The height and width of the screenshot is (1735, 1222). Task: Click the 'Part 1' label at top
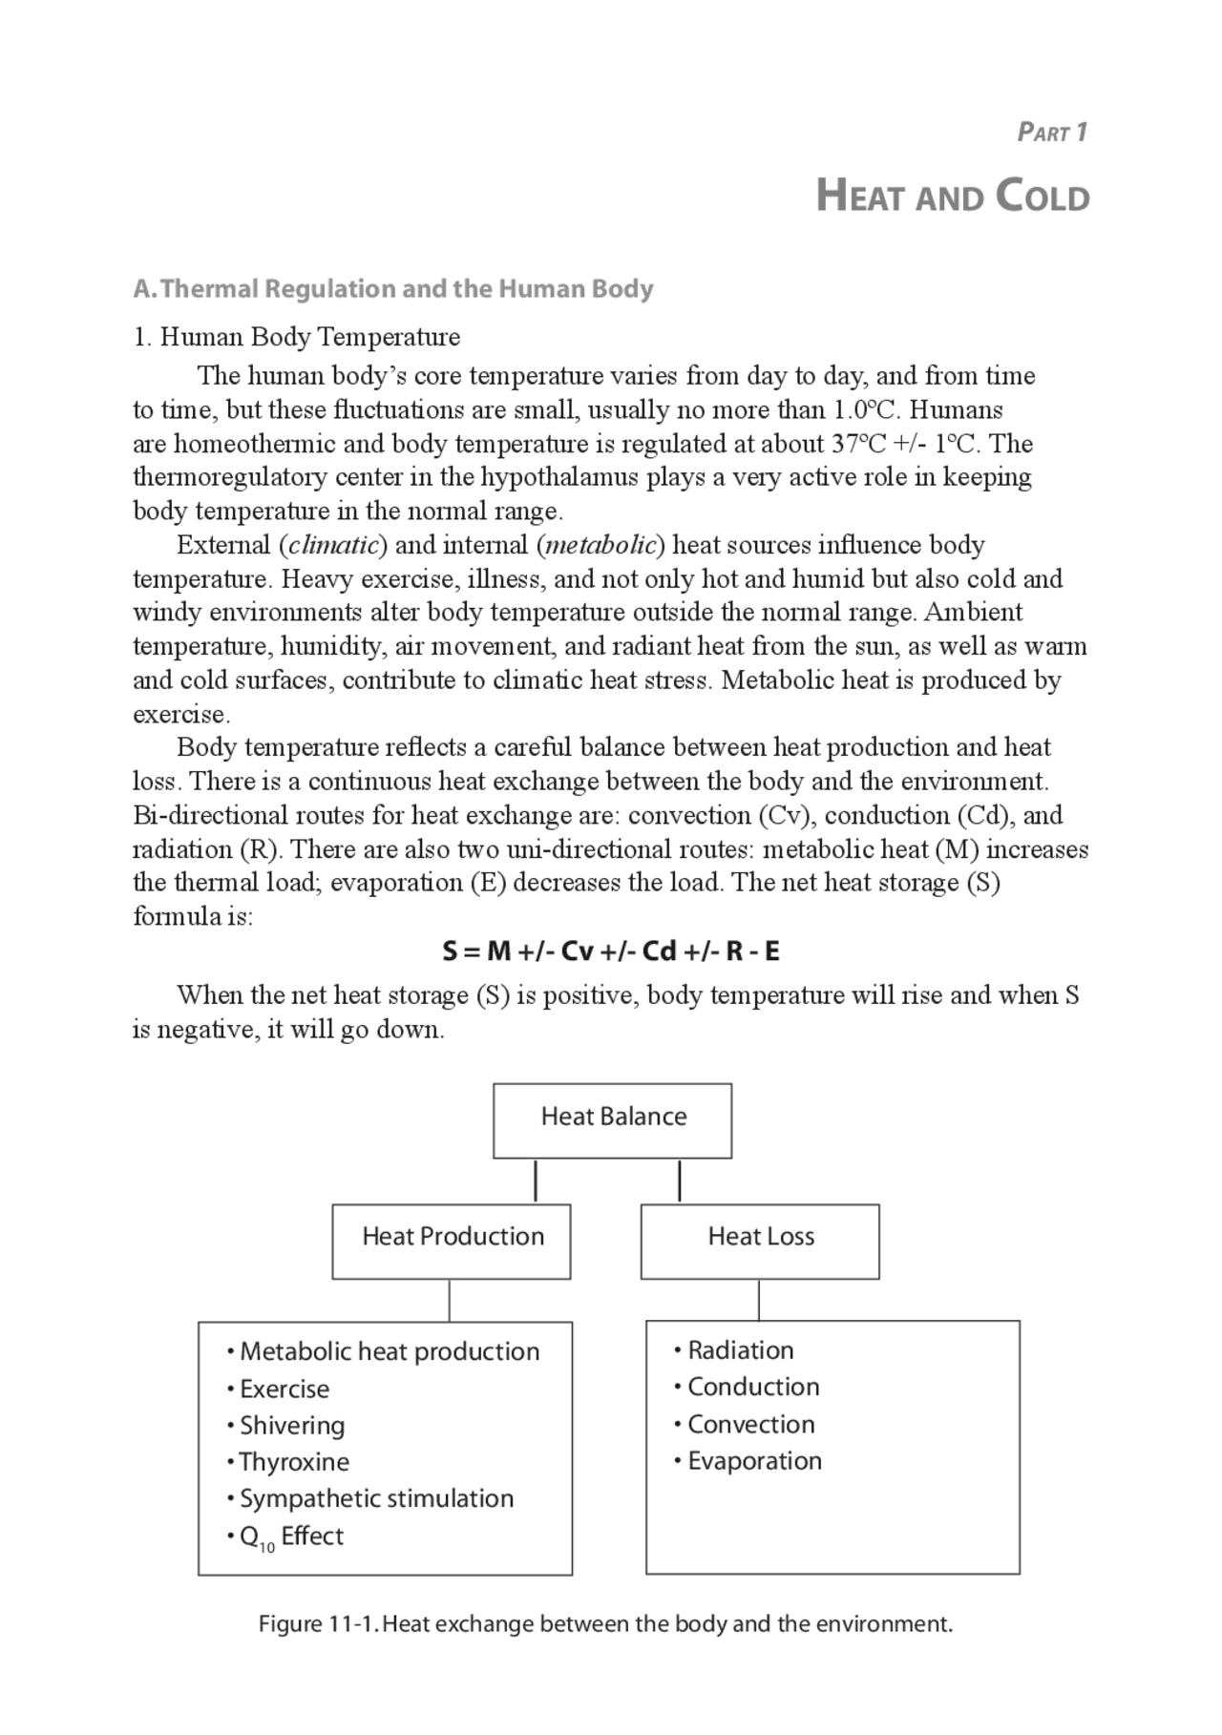(x=1052, y=133)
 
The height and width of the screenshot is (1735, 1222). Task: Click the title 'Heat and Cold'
(x=953, y=198)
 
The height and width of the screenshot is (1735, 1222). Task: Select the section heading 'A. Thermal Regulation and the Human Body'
(x=393, y=289)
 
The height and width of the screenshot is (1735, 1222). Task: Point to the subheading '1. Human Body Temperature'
(x=297, y=337)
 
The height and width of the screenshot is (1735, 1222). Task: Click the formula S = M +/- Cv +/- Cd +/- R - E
(x=611, y=951)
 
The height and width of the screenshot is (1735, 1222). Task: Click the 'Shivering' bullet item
(x=291, y=1426)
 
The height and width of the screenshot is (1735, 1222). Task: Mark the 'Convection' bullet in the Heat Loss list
(x=750, y=1425)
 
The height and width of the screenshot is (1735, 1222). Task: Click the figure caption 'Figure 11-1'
(x=605, y=1624)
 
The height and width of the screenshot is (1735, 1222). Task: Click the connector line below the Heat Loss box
(x=759, y=1301)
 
